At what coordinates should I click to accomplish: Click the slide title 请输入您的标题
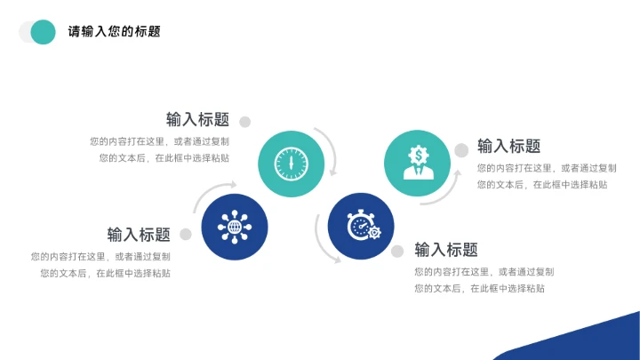tap(115, 32)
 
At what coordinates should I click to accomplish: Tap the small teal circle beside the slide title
tap(43, 32)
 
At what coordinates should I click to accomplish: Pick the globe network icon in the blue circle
tap(235, 228)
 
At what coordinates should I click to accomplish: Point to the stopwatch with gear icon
tap(361, 228)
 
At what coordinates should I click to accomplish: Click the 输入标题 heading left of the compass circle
tap(197, 120)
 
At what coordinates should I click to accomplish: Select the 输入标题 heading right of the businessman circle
tap(508, 147)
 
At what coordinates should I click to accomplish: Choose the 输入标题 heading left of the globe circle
tap(139, 235)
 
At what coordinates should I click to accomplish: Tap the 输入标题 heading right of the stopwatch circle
tap(446, 250)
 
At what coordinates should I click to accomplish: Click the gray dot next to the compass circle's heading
tap(245, 122)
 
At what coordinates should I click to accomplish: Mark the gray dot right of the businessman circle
tap(461, 150)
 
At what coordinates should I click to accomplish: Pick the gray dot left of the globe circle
tap(186, 235)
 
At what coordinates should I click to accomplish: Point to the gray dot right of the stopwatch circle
tap(397, 252)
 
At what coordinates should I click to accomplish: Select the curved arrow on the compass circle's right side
tap(332, 151)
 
